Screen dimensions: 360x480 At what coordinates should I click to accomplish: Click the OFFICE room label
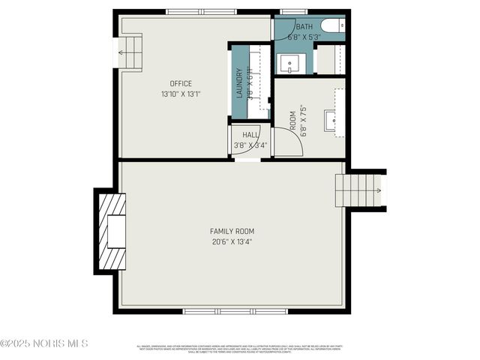coord(181,83)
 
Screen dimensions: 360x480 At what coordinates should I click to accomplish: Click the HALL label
coord(250,135)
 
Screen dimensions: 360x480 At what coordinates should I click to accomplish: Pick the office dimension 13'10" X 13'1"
coord(181,94)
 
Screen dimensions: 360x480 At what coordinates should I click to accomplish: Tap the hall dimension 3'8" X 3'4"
coord(250,145)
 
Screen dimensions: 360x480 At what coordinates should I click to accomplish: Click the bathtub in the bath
coord(331,28)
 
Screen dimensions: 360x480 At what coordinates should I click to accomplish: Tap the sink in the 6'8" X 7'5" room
coord(331,120)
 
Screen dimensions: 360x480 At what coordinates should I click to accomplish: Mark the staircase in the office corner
coord(130,52)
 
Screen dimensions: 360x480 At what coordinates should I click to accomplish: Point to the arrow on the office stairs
coord(121,53)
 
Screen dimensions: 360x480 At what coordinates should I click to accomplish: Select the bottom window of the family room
coord(235,310)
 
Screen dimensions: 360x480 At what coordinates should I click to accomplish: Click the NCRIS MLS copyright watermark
coord(45,343)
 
